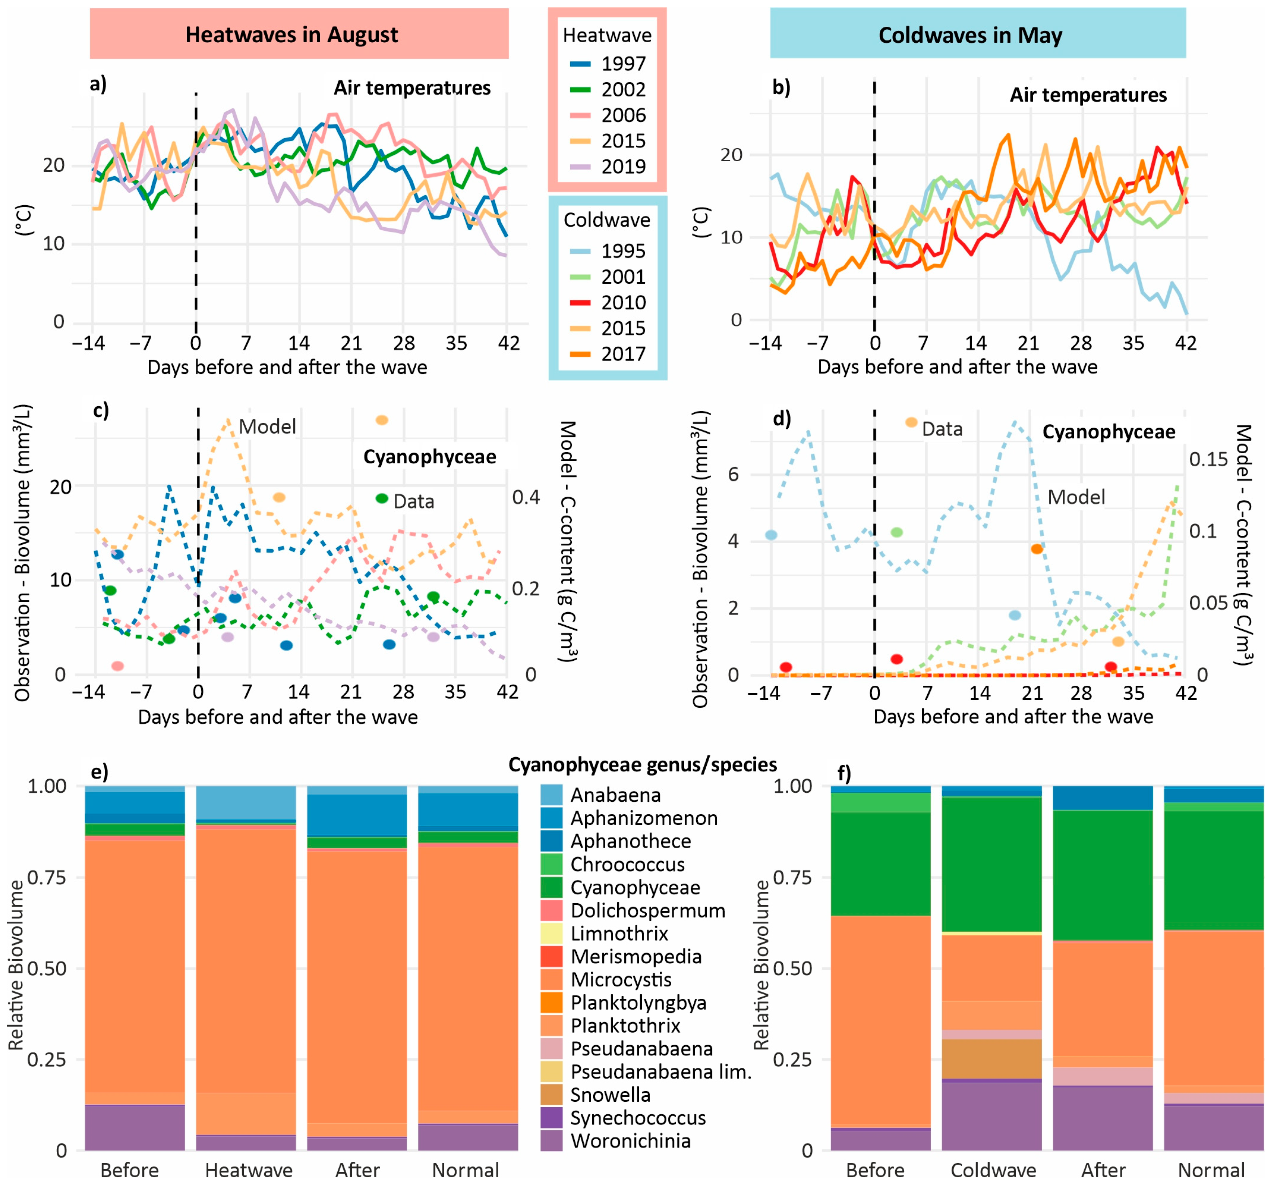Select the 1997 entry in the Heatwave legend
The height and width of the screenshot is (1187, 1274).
(x=607, y=64)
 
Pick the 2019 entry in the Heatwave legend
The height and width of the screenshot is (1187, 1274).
(x=607, y=167)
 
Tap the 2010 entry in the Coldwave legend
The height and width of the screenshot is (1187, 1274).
(x=607, y=303)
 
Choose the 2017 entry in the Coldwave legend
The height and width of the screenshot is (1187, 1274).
(x=607, y=354)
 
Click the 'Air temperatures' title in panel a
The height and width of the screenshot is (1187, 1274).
(x=412, y=88)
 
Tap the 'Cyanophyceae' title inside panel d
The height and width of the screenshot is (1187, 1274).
(x=1109, y=432)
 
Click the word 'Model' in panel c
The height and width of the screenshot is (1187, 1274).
(x=267, y=427)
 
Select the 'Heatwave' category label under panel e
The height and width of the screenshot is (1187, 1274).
(x=249, y=1170)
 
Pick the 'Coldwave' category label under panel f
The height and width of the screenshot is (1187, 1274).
(x=993, y=1170)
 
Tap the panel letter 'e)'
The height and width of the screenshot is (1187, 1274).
(x=99, y=771)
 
